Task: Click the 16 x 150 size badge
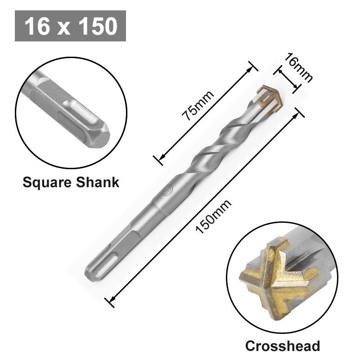pyautogui.click(x=70, y=26)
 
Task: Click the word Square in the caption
pyautogui.click(x=48, y=182)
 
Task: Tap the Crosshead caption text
pyautogui.click(x=282, y=346)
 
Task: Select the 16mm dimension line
pyautogui.click(x=287, y=80)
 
